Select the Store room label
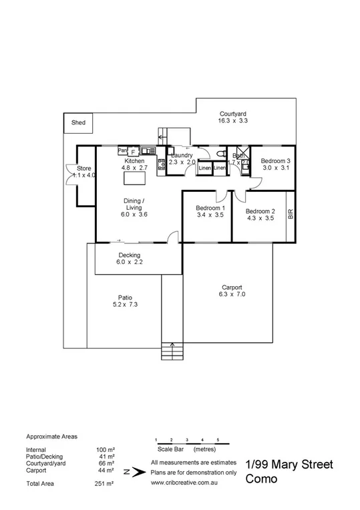84,172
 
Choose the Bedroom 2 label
259,215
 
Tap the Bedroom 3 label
275,164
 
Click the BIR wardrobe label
290,215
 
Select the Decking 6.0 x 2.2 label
129,259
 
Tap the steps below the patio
172,350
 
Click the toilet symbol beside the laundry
221,154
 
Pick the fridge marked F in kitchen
133,152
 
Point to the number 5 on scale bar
218,438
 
